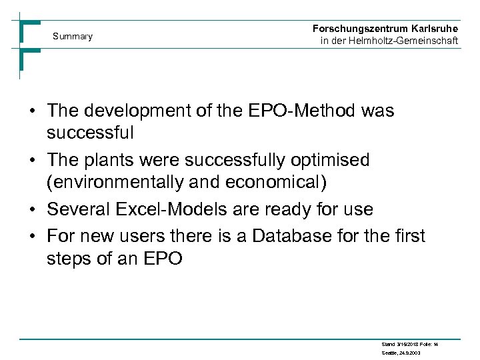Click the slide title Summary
pos(73,36)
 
